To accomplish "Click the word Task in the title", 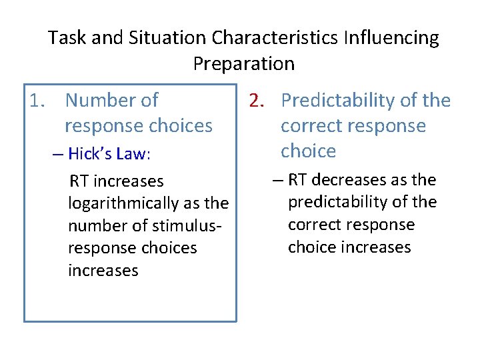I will (67, 38).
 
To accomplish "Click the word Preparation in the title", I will (243, 64).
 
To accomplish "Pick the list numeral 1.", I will (37, 101).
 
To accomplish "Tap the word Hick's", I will (91, 154).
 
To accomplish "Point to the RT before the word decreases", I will (300, 179).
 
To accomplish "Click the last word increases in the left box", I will (103, 271).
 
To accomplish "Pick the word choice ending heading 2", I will (308, 151).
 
